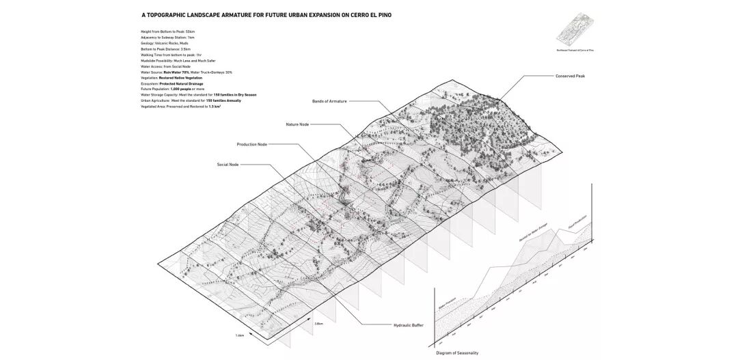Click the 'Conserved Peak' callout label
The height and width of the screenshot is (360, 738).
click(x=571, y=77)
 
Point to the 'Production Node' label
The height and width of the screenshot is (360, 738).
click(x=251, y=144)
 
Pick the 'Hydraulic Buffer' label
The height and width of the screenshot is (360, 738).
click(x=409, y=325)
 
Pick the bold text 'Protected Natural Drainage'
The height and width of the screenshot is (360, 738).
click(x=182, y=84)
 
